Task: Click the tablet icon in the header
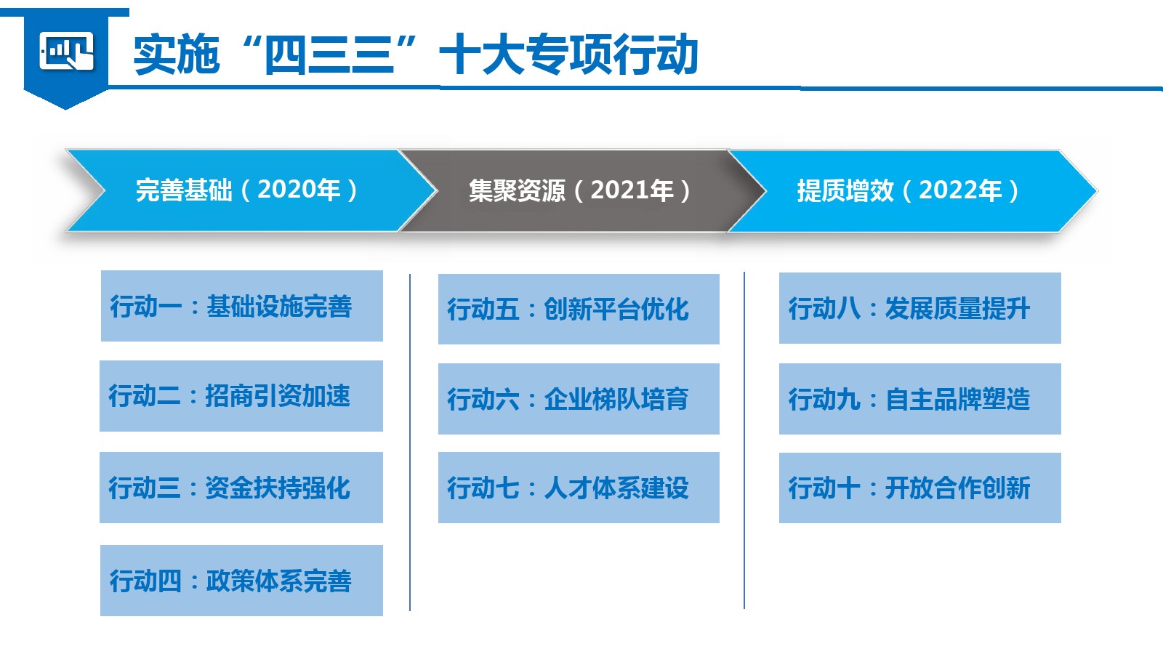click(x=66, y=51)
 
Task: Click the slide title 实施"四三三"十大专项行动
click(x=415, y=54)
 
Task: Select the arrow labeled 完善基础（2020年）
click(x=250, y=190)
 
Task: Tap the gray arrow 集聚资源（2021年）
click(x=581, y=190)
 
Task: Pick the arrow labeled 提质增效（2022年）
click(x=912, y=190)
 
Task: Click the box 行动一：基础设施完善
click(x=241, y=306)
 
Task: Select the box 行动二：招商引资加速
click(x=241, y=396)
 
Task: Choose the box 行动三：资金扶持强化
click(x=241, y=488)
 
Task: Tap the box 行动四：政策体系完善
click(x=241, y=581)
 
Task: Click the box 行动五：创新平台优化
click(x=579, y=309)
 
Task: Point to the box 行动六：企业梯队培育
click(x=579, y=399)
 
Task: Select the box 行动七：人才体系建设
click(x=579, y=488)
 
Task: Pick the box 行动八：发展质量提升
click(x=919, y=308)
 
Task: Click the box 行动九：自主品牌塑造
click(x=919, y=399)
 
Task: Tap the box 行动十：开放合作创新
click(x=919, y=488)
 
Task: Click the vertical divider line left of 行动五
click(x=410, y=443)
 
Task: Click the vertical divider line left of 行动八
click(x=744, y=440)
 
